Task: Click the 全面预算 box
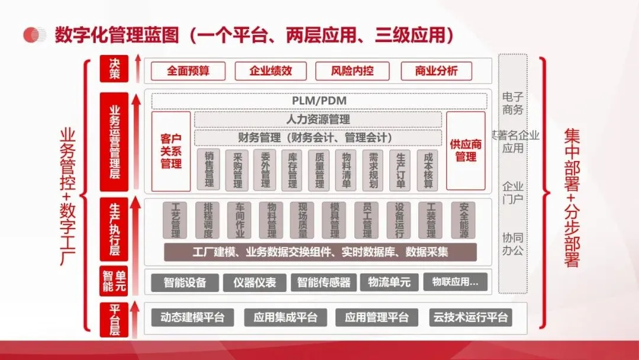tap(188, 71)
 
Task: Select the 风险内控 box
tap(352, 71)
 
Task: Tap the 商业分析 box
tap(436, 71)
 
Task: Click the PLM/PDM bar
tap(319, 101)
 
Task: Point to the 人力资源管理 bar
tap(318, 120)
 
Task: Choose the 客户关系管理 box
tap(171, 151)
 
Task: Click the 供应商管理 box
tap(466, 151)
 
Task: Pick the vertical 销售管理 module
tap(209, 170)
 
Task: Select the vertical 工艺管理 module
tap(175, 220)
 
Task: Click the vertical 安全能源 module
tap(463, 220)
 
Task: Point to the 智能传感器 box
tap(324, 282)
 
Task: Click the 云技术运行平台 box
tap(470, 317)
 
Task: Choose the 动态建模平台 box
tap(192, 317)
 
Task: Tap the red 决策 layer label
tap(114, 68)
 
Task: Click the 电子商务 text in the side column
tap(513, 102)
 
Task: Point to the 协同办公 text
tap(513, 245)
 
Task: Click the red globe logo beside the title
tap(35, 35)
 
